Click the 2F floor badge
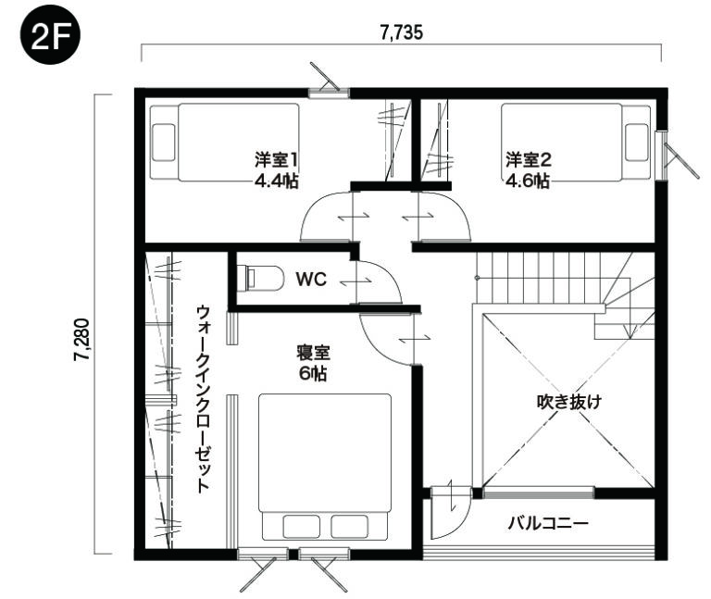[50, 35]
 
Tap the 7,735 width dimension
[401, 32]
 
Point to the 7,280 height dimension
[82, 340]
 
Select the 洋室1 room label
[276, 160]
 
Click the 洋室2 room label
[529, 160]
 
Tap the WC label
[311, 280]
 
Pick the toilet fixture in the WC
[260, 278]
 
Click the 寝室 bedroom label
[313, 353]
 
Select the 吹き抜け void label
[569, 402]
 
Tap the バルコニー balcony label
[548, 523]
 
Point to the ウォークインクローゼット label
[204, 399]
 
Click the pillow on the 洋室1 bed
[164, 143]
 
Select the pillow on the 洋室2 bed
[636, 142]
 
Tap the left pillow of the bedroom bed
[301, 527]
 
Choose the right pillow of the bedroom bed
[349, 527]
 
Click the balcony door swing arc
[459, 521]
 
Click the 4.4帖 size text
[276, 181]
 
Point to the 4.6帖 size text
[529, 181]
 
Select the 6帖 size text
[313, 374]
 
